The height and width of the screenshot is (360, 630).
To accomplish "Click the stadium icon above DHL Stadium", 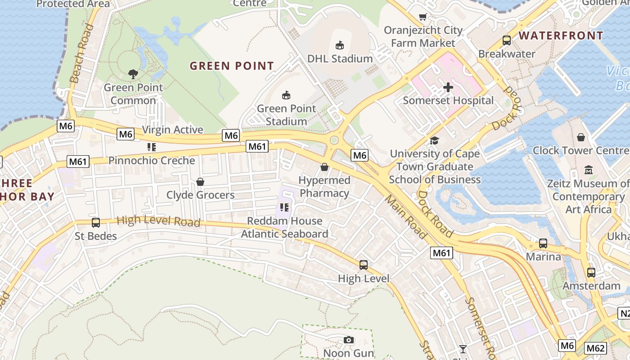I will point(340,45).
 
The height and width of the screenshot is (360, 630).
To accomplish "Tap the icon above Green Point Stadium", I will point(286,95).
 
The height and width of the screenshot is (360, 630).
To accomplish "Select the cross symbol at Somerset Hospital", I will point(448,87).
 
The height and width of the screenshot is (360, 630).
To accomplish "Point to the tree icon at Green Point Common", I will point(133,74).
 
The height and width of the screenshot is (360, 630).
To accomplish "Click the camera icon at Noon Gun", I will point(349,340).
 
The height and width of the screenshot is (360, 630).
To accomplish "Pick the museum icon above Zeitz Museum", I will point(589,170).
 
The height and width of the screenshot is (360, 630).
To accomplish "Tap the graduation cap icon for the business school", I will point(434,141).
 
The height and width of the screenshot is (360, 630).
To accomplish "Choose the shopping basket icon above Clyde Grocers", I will point(200,182).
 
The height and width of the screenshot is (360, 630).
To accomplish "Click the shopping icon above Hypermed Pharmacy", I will point(324,167).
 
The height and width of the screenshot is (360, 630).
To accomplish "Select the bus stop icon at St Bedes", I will point(96,223).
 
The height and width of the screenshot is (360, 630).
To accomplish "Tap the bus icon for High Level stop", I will point(364,265).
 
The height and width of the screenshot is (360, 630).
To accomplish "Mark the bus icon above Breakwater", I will point(507,40).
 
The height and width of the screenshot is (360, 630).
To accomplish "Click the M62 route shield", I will point(596,348).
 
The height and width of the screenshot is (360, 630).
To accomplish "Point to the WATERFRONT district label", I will point(561,35).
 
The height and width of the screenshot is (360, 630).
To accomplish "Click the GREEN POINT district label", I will point(232,66).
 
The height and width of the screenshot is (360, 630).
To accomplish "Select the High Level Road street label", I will point(158,221).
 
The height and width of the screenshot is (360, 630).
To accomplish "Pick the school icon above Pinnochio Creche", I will point(152,147).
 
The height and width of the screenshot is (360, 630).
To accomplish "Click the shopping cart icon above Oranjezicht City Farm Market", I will point(423,17).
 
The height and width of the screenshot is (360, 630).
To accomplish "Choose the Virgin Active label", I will point(172,130).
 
